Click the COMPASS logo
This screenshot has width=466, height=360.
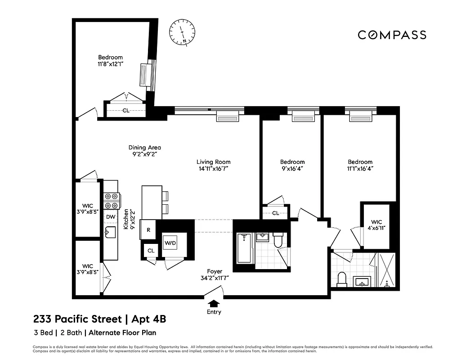tap(392, 35)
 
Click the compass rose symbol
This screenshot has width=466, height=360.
tap(182, 32)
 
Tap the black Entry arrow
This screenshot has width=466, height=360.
tap(214, 304)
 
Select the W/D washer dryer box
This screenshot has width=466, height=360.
tap(170, 243)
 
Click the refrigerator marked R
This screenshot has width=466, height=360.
tap(148, 230)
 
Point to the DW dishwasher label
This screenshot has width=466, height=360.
tap(111, 217)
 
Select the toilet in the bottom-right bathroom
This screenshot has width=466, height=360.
tap(341, 279)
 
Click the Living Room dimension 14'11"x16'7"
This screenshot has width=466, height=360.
tap(213, 169)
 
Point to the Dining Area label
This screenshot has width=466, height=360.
tap(144, 147)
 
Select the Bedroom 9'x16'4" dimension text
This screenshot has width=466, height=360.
tap(292, 169)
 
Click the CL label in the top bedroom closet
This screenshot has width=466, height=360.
tap(126, 110)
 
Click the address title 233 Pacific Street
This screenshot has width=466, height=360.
tap(77, 319)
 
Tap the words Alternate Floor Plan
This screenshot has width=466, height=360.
tap(122, 333)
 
